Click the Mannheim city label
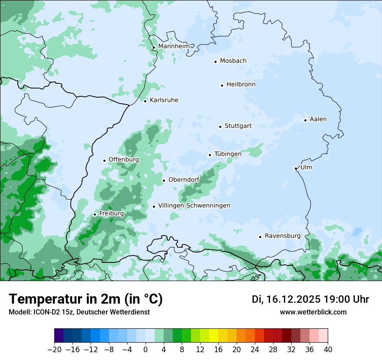[174, 46]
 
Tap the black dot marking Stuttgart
[220, 127]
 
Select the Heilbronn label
[241, 85]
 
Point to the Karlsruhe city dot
[145, 101]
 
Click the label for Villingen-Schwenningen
[194, 206]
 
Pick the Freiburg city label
[112, 213]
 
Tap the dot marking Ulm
[296, 168]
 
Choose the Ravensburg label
[283, 236]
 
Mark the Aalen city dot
[305, 120]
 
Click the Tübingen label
[228, 154]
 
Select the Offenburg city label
[124, 160]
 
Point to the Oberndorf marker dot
[164, 180]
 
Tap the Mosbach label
[233, 61]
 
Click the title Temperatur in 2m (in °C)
[86, 299]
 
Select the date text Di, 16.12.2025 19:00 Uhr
[310, 299]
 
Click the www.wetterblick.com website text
[313, 312]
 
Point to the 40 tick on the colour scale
[328, 350]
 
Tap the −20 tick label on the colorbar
[54, 350]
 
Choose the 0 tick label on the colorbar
[145, 350]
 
